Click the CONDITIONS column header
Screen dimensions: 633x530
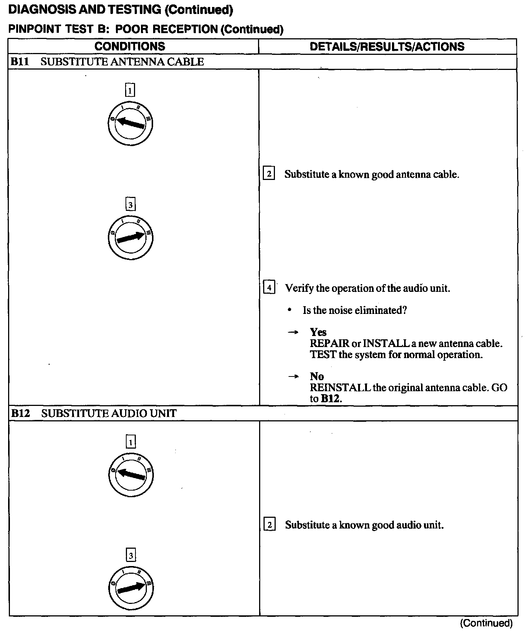pos(130,46)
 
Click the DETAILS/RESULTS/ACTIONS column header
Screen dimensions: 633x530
pos(387,46)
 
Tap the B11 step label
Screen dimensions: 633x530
pos(20,62)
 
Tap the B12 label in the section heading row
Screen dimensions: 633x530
pos(20,413)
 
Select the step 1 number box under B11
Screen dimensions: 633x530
pos(130,90)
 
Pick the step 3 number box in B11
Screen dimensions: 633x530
pos(130,204)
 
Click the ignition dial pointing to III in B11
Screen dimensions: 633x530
pos(130,237)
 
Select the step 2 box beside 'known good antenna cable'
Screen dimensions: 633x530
pos(269,174)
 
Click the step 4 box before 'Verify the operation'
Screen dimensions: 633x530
pos(269,287)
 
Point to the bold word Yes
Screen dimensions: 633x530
pos(318,332)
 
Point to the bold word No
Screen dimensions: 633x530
pos(317,376)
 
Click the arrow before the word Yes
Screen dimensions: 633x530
pos(293,333)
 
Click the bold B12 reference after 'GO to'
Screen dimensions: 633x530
pos(331,399)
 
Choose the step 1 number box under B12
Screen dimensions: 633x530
pos(131,442)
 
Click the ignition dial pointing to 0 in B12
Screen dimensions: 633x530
pos(131,475)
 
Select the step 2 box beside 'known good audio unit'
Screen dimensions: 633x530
pos(269,525)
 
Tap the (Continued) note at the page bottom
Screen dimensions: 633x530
pos(486,623)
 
